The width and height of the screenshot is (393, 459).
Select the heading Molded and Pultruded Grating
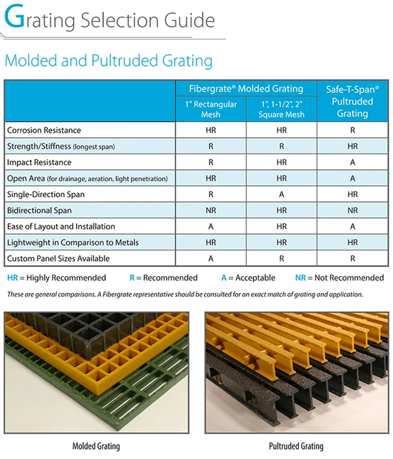[108, 61]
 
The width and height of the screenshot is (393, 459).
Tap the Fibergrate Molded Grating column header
[246, 89]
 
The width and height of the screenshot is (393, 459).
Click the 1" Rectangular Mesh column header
[211, 109]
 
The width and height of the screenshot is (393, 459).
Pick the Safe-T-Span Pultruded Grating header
[352, 101]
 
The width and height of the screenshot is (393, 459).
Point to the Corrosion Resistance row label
[44, 130]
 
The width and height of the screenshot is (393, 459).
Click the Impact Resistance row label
[39, 162]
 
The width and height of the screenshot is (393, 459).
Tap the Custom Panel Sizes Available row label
[59, 259]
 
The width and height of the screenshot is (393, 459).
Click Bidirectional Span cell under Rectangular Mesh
[211, 210]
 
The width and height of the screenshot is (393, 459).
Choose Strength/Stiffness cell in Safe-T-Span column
[352, 146]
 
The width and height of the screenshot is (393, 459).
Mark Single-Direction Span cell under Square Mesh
[281, 194]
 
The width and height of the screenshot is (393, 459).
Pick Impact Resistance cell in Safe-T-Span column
[352, 162]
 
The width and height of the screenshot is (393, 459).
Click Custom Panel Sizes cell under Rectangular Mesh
[211, 259]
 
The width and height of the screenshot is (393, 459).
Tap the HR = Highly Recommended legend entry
[57, 277]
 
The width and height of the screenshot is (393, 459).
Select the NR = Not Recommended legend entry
[339, 277]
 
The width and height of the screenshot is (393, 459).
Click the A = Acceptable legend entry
[248, 277]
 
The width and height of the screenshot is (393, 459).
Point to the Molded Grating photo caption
[96, 446]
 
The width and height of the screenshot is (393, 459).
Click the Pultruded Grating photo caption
[296, 446]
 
